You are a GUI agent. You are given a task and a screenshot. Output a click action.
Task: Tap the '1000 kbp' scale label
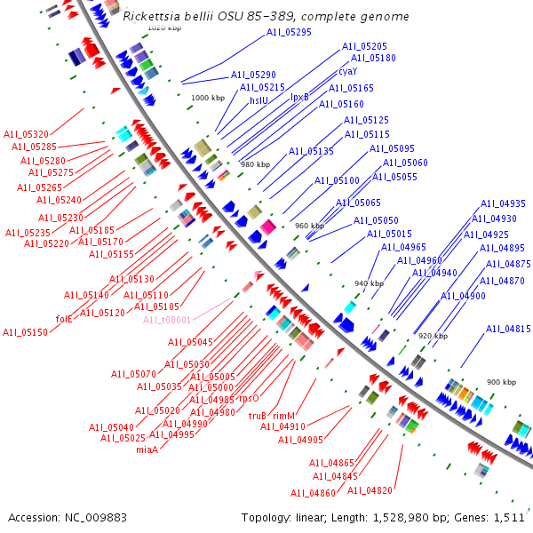[x=208, y=98]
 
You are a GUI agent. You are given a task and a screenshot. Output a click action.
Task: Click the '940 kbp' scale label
[x=369, y=283]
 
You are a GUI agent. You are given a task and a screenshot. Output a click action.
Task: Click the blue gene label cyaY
[x=347, y=71]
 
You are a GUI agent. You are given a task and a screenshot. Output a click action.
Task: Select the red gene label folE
[x=64, y=318]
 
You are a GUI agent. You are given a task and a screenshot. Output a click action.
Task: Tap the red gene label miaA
[x=147, y=449]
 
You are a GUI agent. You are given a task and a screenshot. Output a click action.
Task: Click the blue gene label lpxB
[x=300, y=98]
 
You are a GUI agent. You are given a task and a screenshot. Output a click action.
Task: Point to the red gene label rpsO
[x=249, y=399]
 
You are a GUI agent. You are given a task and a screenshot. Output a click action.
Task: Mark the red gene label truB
[x=258, y=415]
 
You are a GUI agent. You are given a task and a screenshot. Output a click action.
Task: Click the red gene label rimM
[x=283, y=415]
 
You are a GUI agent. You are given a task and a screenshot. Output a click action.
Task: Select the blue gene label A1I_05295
[x=289, y=32]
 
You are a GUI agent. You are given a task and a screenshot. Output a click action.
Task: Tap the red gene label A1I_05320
[x=26, y=133]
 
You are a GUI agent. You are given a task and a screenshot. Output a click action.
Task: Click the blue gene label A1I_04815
[x=507, y=329]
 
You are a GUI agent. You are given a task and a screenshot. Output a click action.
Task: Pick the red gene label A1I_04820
[x=369, y=490]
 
